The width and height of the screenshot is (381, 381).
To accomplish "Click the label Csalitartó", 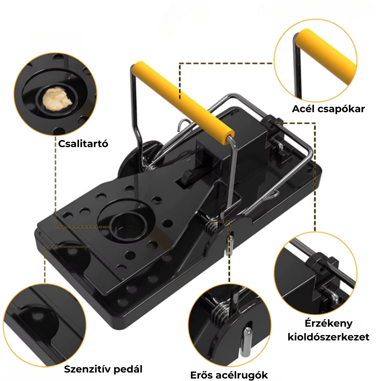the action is (83, 144).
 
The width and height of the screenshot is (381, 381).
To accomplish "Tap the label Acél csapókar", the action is (328, 109).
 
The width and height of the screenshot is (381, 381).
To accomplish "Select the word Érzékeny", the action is (328, 323).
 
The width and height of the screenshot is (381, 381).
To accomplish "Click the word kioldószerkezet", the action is (328, 337).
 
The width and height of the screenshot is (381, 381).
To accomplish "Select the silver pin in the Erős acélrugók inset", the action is (246, 342).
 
